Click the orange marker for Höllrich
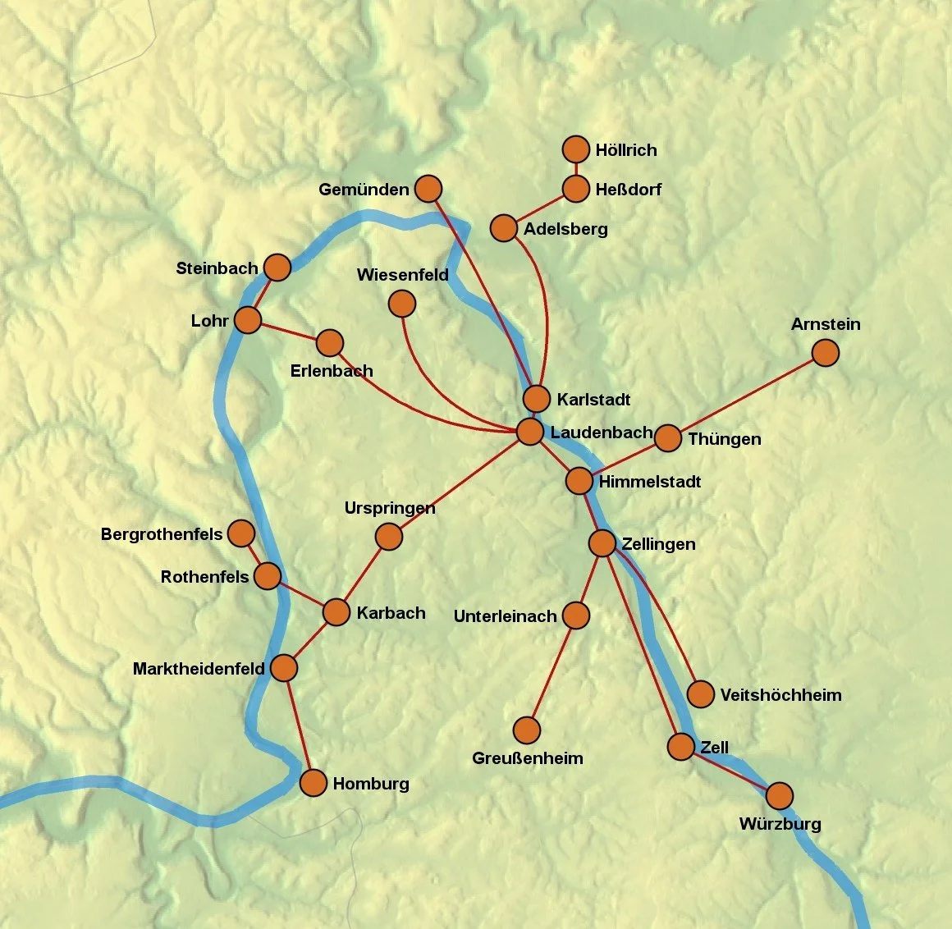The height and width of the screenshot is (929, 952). (x=576, y=149)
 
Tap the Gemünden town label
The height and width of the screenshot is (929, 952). (x=364, y=190)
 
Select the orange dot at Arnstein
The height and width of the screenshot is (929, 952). (x=825, y=353)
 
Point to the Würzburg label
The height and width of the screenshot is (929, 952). (x=780, y=824)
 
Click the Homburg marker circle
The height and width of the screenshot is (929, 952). (x=314, y=783)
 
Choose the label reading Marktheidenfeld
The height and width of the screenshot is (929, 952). (x=199, y=669)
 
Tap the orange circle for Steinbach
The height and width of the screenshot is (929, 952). (x=277, y=268)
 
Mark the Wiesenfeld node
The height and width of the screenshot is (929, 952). (x=401, y=304)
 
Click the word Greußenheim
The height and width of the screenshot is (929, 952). (x=527, y=758)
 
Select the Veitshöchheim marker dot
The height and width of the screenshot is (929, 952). (x=700, y=694)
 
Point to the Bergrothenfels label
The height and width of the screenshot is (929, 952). (x=162, y=535)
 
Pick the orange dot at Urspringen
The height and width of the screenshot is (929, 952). (x=388, y=537)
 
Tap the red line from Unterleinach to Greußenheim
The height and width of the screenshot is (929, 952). (x=552, y=673)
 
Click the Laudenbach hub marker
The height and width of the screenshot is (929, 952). (x=530, y=431)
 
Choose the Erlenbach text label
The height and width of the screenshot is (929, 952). (x=332, y=371)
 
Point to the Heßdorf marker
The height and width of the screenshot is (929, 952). (x=576, y=189)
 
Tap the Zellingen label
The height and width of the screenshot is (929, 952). (x=658, y=544)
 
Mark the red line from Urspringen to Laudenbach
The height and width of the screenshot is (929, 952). (x=460, y=484)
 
